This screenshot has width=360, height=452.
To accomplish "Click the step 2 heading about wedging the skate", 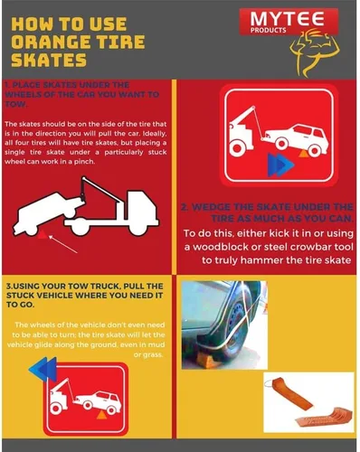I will point(266,212).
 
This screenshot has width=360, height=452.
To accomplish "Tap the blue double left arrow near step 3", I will point(43,369).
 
